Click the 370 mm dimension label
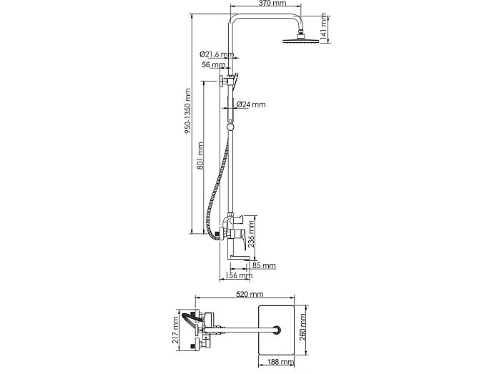272,3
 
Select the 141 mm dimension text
324,27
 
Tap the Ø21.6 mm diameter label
217,54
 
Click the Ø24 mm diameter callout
251,104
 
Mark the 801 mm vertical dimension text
200,156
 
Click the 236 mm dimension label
252,235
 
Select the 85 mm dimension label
264,265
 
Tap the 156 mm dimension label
239,275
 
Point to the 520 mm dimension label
250,294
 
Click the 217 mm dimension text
175,330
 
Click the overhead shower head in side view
301,37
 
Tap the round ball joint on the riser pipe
230,127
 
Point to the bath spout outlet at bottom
240,257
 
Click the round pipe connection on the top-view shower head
277,330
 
